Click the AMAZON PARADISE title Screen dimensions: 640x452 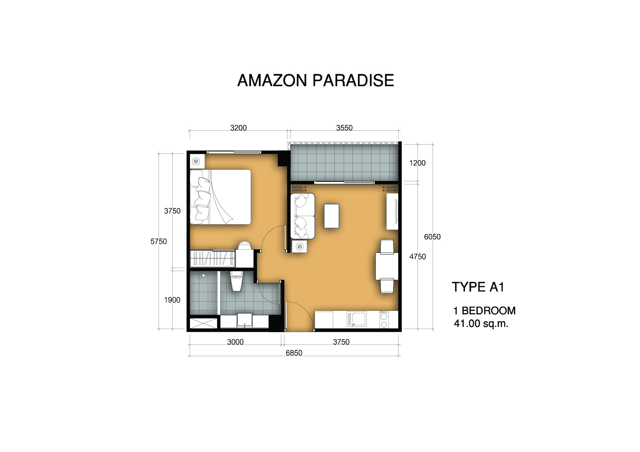tap(315, 80)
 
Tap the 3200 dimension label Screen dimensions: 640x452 tap(238, 128)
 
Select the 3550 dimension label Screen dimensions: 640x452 tap(344, 128)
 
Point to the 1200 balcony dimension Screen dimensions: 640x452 tap(418, 163)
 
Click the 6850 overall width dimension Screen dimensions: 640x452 tap(294, 353)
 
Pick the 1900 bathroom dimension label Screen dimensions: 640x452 tap(172, 300)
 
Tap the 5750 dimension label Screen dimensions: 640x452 tap(159, 241)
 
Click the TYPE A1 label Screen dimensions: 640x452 tap(478, 287)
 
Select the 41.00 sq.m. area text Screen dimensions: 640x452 tap(481, 324)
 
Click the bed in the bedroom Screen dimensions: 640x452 tap(220, 197)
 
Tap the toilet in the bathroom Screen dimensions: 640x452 tap(236, 281)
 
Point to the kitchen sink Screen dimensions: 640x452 tap(357, 319)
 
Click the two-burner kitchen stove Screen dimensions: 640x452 tap(384, 319)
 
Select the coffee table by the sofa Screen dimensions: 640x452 tap(332, 216)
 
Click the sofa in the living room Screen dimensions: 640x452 tap(303, 216)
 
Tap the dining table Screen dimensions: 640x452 tap(387, 266)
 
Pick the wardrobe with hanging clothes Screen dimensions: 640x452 tap(212, 258)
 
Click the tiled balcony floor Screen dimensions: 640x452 tap(344, 162)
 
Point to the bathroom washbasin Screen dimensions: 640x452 tap(245, 320)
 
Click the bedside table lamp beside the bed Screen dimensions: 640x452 tap(196, 162)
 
